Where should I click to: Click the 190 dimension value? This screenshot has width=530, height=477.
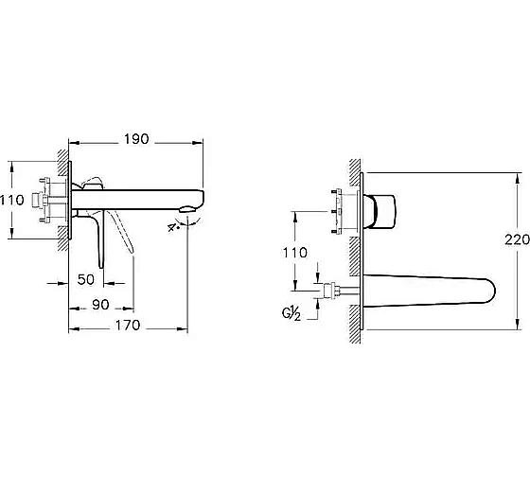click(x=136, y=139)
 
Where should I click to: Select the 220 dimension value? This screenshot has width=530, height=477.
click(x=517, y=239)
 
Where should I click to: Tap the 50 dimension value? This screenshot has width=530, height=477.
click(x=86, y=279)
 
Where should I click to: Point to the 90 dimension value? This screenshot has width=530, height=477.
click(x=100, y=305)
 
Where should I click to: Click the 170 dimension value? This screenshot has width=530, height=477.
click(x=128, y=326)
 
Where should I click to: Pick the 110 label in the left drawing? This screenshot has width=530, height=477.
click(x=12, y=200)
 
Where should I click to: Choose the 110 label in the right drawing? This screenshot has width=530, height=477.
click(x=295, y=253)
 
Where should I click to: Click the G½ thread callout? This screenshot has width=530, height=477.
click(x=291, y=314)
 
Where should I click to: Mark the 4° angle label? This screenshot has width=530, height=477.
click(x=173, y=227)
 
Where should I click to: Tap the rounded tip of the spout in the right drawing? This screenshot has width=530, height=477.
click(x=492, y=291)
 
